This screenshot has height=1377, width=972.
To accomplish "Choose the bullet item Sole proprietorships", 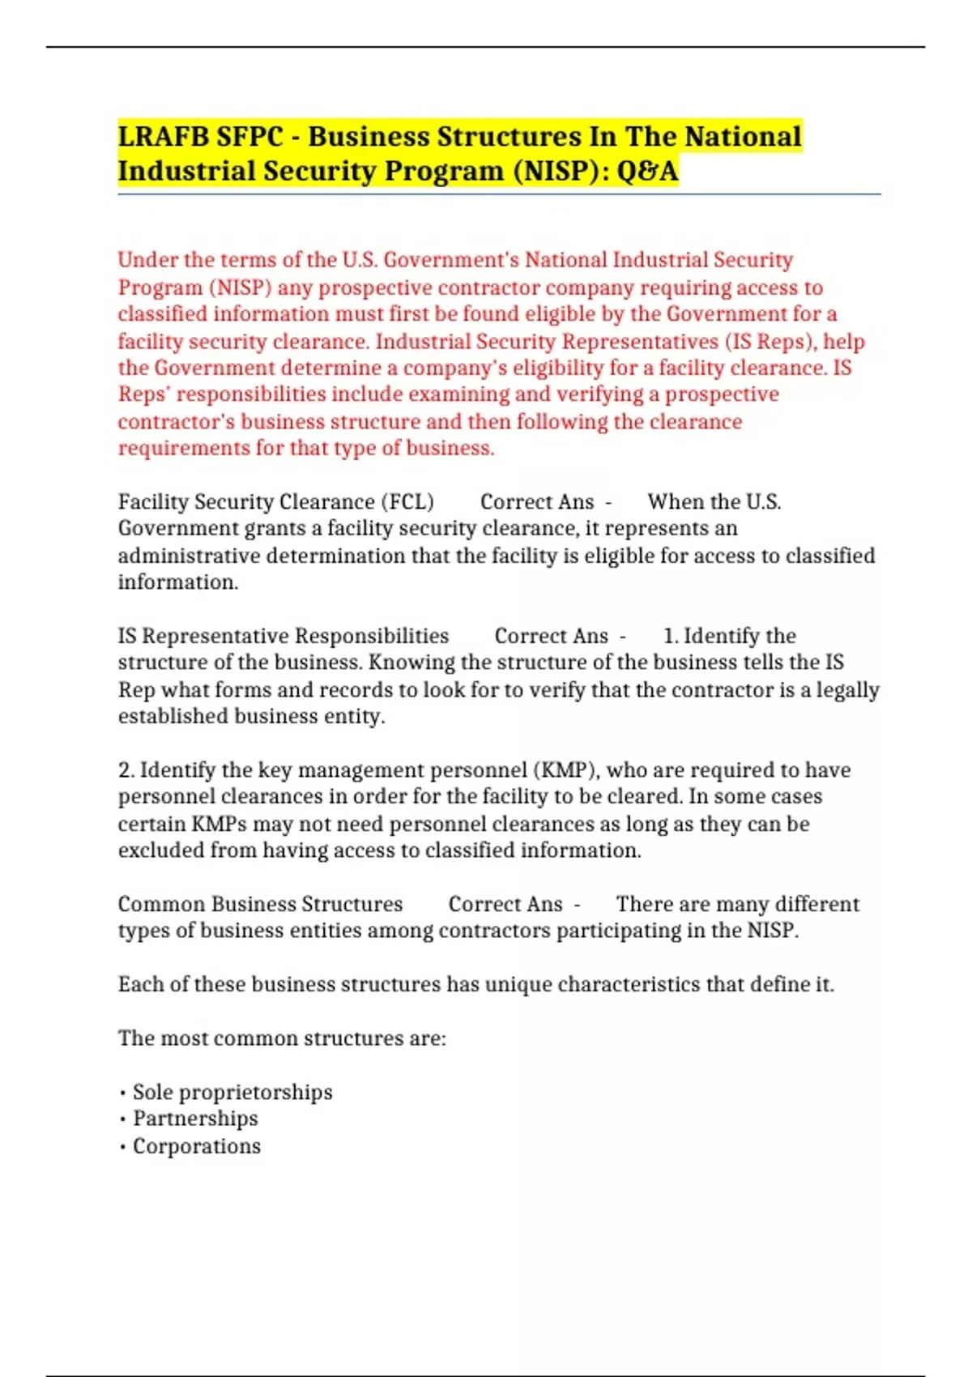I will click(x=232, y=1093).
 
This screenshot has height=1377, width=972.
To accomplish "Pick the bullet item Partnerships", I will click(x=195, y=1119).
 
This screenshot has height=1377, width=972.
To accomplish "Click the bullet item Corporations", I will click(x=197, y=1146).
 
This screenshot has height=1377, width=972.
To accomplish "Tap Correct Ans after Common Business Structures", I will click(x=505, y=904).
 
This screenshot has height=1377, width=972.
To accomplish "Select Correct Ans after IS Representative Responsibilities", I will click(x=552, y=636).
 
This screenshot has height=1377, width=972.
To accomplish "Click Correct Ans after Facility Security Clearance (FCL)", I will click(x=537, y=502).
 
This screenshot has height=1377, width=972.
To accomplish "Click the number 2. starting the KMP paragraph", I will click(x=126, y=770).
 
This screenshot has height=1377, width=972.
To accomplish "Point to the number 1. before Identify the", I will click(x=671, y=636).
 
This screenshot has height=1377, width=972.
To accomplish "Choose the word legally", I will click(x=847, y=690).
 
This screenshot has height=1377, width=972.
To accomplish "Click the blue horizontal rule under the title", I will click(x=499, y=194).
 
